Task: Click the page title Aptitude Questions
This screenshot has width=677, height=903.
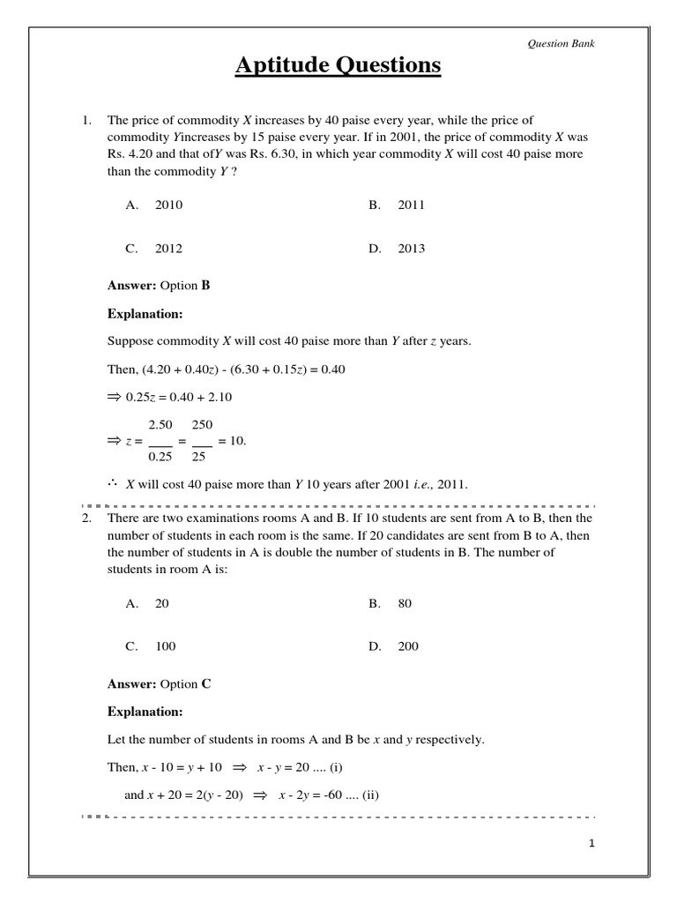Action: (338, 66)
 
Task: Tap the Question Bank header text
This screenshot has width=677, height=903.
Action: (561, 43)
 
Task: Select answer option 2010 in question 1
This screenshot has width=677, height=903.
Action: (168, 205)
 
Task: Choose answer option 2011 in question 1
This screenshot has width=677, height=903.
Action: (411, 205)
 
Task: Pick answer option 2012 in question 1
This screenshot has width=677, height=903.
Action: (168, 249)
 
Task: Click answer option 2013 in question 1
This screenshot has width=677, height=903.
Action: (411, 249)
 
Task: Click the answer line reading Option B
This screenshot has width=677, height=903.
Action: (159, 286)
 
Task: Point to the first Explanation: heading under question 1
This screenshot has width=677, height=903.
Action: (145, 314)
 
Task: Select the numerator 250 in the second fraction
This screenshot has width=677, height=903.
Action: (202, 424)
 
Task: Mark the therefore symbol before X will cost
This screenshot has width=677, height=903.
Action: (113, 483)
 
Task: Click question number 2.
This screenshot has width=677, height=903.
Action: (86, 519)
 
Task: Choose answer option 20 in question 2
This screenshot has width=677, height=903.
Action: (161, 603)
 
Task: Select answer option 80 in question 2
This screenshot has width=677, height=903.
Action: (405, 603)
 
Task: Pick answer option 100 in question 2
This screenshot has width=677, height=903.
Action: (166, 646)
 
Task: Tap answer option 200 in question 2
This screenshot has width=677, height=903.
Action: (408, 646)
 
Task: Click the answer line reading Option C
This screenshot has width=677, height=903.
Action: (159, 683)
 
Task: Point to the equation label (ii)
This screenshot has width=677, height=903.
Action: (368, 795)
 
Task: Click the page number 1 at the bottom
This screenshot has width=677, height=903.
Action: (592, 844)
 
